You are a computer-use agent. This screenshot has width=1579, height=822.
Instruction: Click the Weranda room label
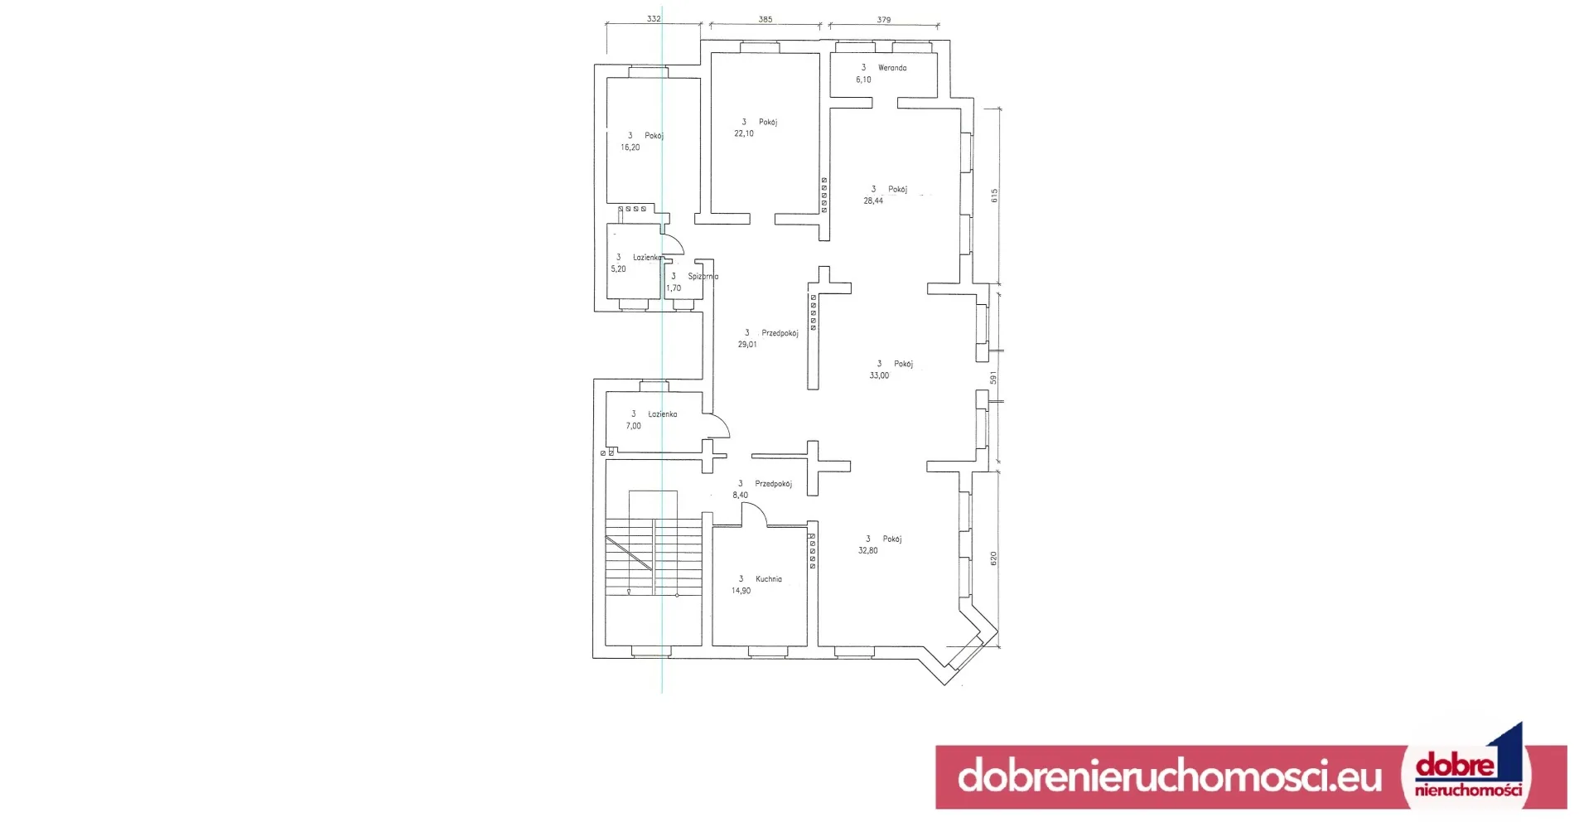click(x=892, y=68)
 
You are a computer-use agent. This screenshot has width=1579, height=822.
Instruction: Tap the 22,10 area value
click(x=744, y=133)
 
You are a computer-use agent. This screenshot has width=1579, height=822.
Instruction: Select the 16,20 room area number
click(x=630, y=147)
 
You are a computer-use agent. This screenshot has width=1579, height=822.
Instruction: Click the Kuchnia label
click(x=769, y=579)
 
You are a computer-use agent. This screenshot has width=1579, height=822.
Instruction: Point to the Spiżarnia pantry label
click(x=703, y=277)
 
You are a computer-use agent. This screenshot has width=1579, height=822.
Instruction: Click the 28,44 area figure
click(x=873, y=201)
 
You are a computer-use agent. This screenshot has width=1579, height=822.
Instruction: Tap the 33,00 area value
click(x=879, y=375)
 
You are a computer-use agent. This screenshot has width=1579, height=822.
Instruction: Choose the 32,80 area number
click(x=868, y=550)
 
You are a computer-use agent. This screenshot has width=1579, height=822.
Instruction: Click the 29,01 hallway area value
click(x=747, y=345)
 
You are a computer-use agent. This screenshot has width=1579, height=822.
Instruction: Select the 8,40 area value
click(x=740, y=496)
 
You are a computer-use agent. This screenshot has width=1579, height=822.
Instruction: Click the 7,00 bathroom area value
click(x=634, y=426)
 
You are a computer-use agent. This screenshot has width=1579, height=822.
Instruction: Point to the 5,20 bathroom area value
click(x=619, y=269)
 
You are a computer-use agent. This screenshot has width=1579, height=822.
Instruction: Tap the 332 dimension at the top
click(x=654, y=18)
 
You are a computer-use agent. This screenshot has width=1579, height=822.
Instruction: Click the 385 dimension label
click(x=765, y=19)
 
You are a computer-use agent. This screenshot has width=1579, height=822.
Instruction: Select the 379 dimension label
click(x=884, y=20)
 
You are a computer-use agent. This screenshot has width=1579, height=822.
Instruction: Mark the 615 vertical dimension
click(x=994, y=196)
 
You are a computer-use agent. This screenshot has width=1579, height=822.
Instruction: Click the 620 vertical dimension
click(x=993, y=558)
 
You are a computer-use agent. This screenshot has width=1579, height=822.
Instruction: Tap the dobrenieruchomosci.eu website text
click(x=1169, y=776)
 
